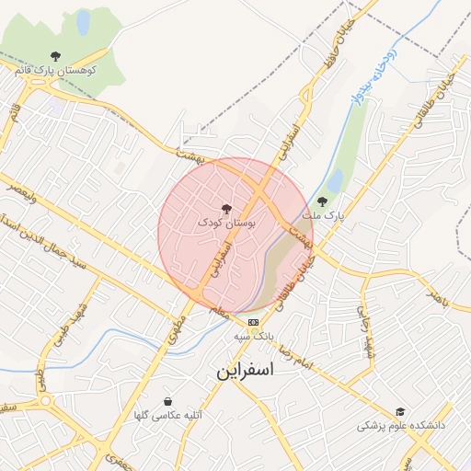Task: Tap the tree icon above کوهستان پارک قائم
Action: coord(55,56)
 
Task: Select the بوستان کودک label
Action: coord(227,222)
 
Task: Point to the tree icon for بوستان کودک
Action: coord(227,209)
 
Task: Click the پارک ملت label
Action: coord(322,214)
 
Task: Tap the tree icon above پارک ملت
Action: coord(321,201)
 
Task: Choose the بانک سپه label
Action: coord(254,336)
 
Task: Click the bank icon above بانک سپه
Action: coord(253,322)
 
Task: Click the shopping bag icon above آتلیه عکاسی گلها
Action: coord(167,401)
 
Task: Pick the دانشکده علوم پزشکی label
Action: coord(401,426)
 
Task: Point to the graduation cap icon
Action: coord(399,412)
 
